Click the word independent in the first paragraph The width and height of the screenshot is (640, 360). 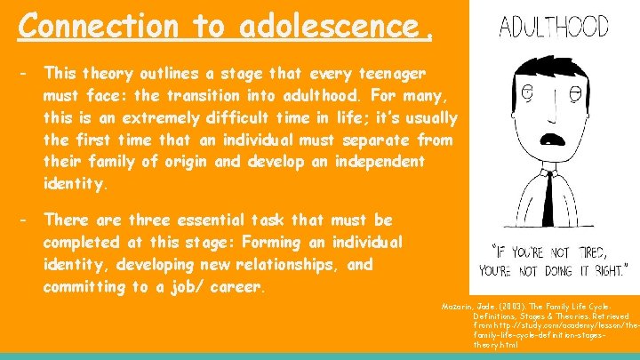[x=390, y=164]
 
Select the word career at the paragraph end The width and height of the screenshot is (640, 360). [x=238, y=288]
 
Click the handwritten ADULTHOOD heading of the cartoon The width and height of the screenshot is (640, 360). [x=553, y=27]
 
